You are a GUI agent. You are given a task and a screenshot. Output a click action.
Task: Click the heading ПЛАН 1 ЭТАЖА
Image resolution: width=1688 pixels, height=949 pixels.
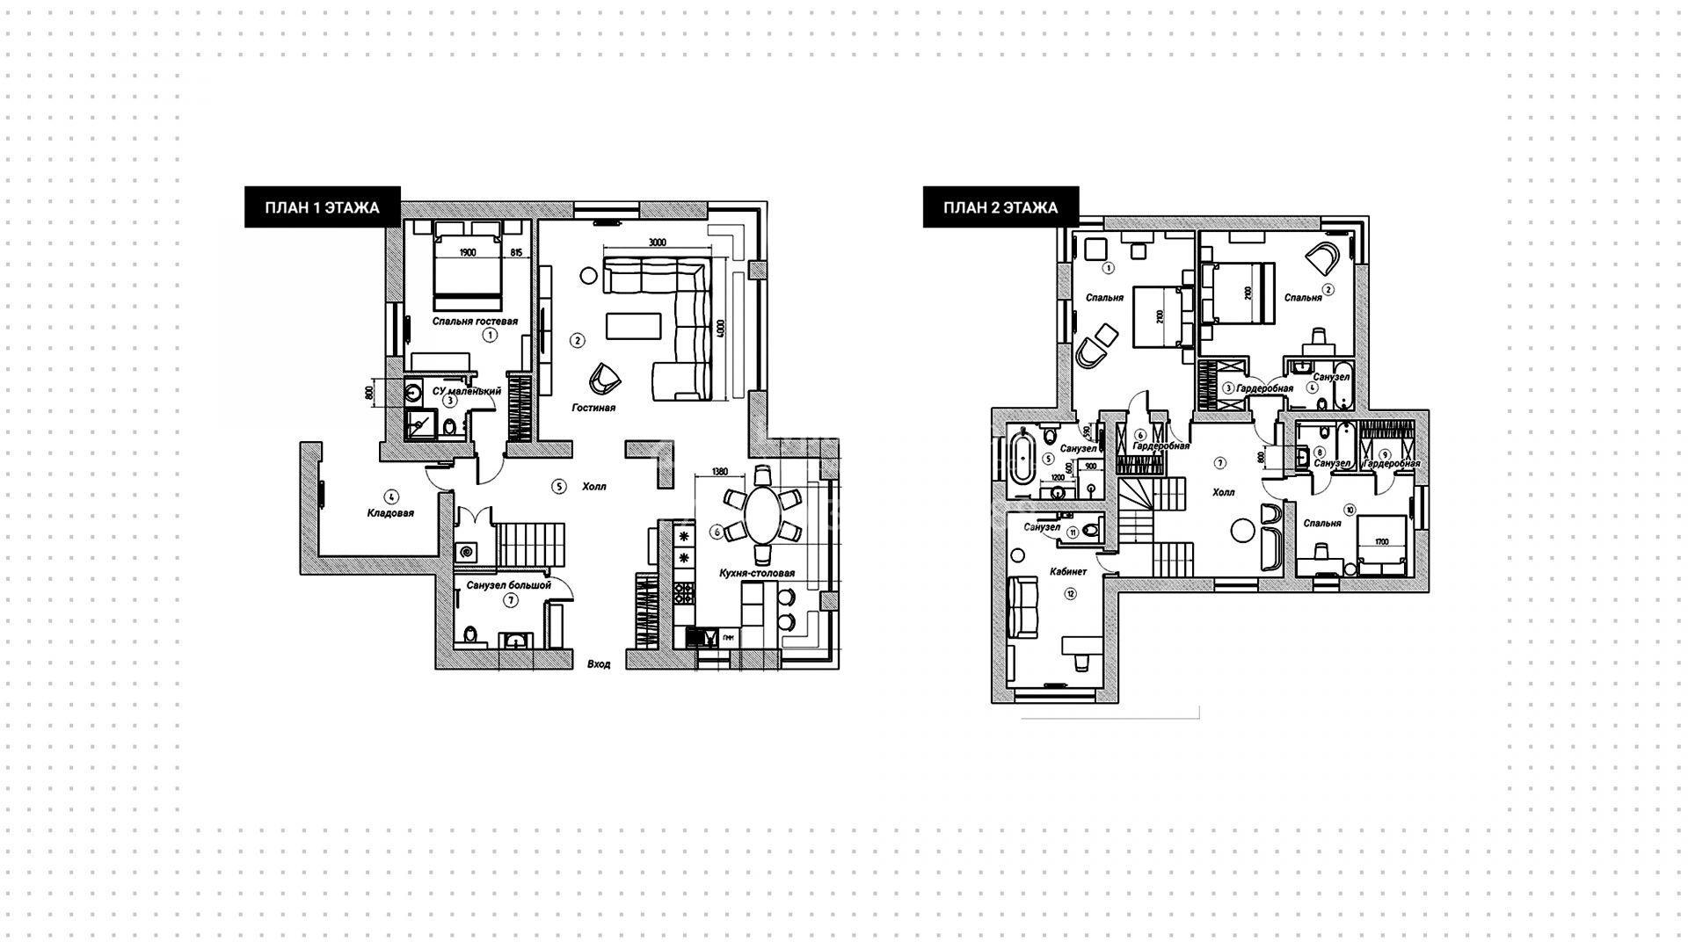[322, 208]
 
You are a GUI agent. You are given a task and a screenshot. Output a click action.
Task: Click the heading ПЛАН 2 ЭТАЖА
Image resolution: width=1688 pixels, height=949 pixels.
[1000, 208]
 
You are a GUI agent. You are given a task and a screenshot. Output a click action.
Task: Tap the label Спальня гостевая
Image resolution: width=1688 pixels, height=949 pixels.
[475, 322]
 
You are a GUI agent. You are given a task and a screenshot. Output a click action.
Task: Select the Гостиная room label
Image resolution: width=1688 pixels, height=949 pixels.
[593, 408]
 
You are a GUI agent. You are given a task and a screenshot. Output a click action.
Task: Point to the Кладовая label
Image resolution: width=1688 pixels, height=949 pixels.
[390, 513]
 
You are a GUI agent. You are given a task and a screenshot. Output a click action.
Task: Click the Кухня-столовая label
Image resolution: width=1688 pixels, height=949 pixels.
[757, 573]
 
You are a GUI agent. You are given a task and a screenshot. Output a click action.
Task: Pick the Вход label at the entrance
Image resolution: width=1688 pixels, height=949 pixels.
[599, 665]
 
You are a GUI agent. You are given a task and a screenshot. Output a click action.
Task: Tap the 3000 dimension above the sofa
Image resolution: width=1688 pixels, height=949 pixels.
[657, 243]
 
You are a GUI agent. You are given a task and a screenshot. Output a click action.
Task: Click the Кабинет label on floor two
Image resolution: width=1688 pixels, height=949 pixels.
[1068, 571]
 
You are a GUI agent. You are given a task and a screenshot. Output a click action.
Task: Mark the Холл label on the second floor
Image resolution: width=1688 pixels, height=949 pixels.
[1224, 492]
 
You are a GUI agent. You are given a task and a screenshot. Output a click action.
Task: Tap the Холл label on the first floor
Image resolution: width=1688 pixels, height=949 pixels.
[593, 486]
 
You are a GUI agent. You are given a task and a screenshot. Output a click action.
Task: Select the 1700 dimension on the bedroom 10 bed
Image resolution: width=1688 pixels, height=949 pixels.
[1383, 542]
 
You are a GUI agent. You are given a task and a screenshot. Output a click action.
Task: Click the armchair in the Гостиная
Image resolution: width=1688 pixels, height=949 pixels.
[605, 378]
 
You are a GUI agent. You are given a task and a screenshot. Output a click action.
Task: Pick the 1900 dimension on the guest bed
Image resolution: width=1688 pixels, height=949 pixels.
[468, 253]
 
